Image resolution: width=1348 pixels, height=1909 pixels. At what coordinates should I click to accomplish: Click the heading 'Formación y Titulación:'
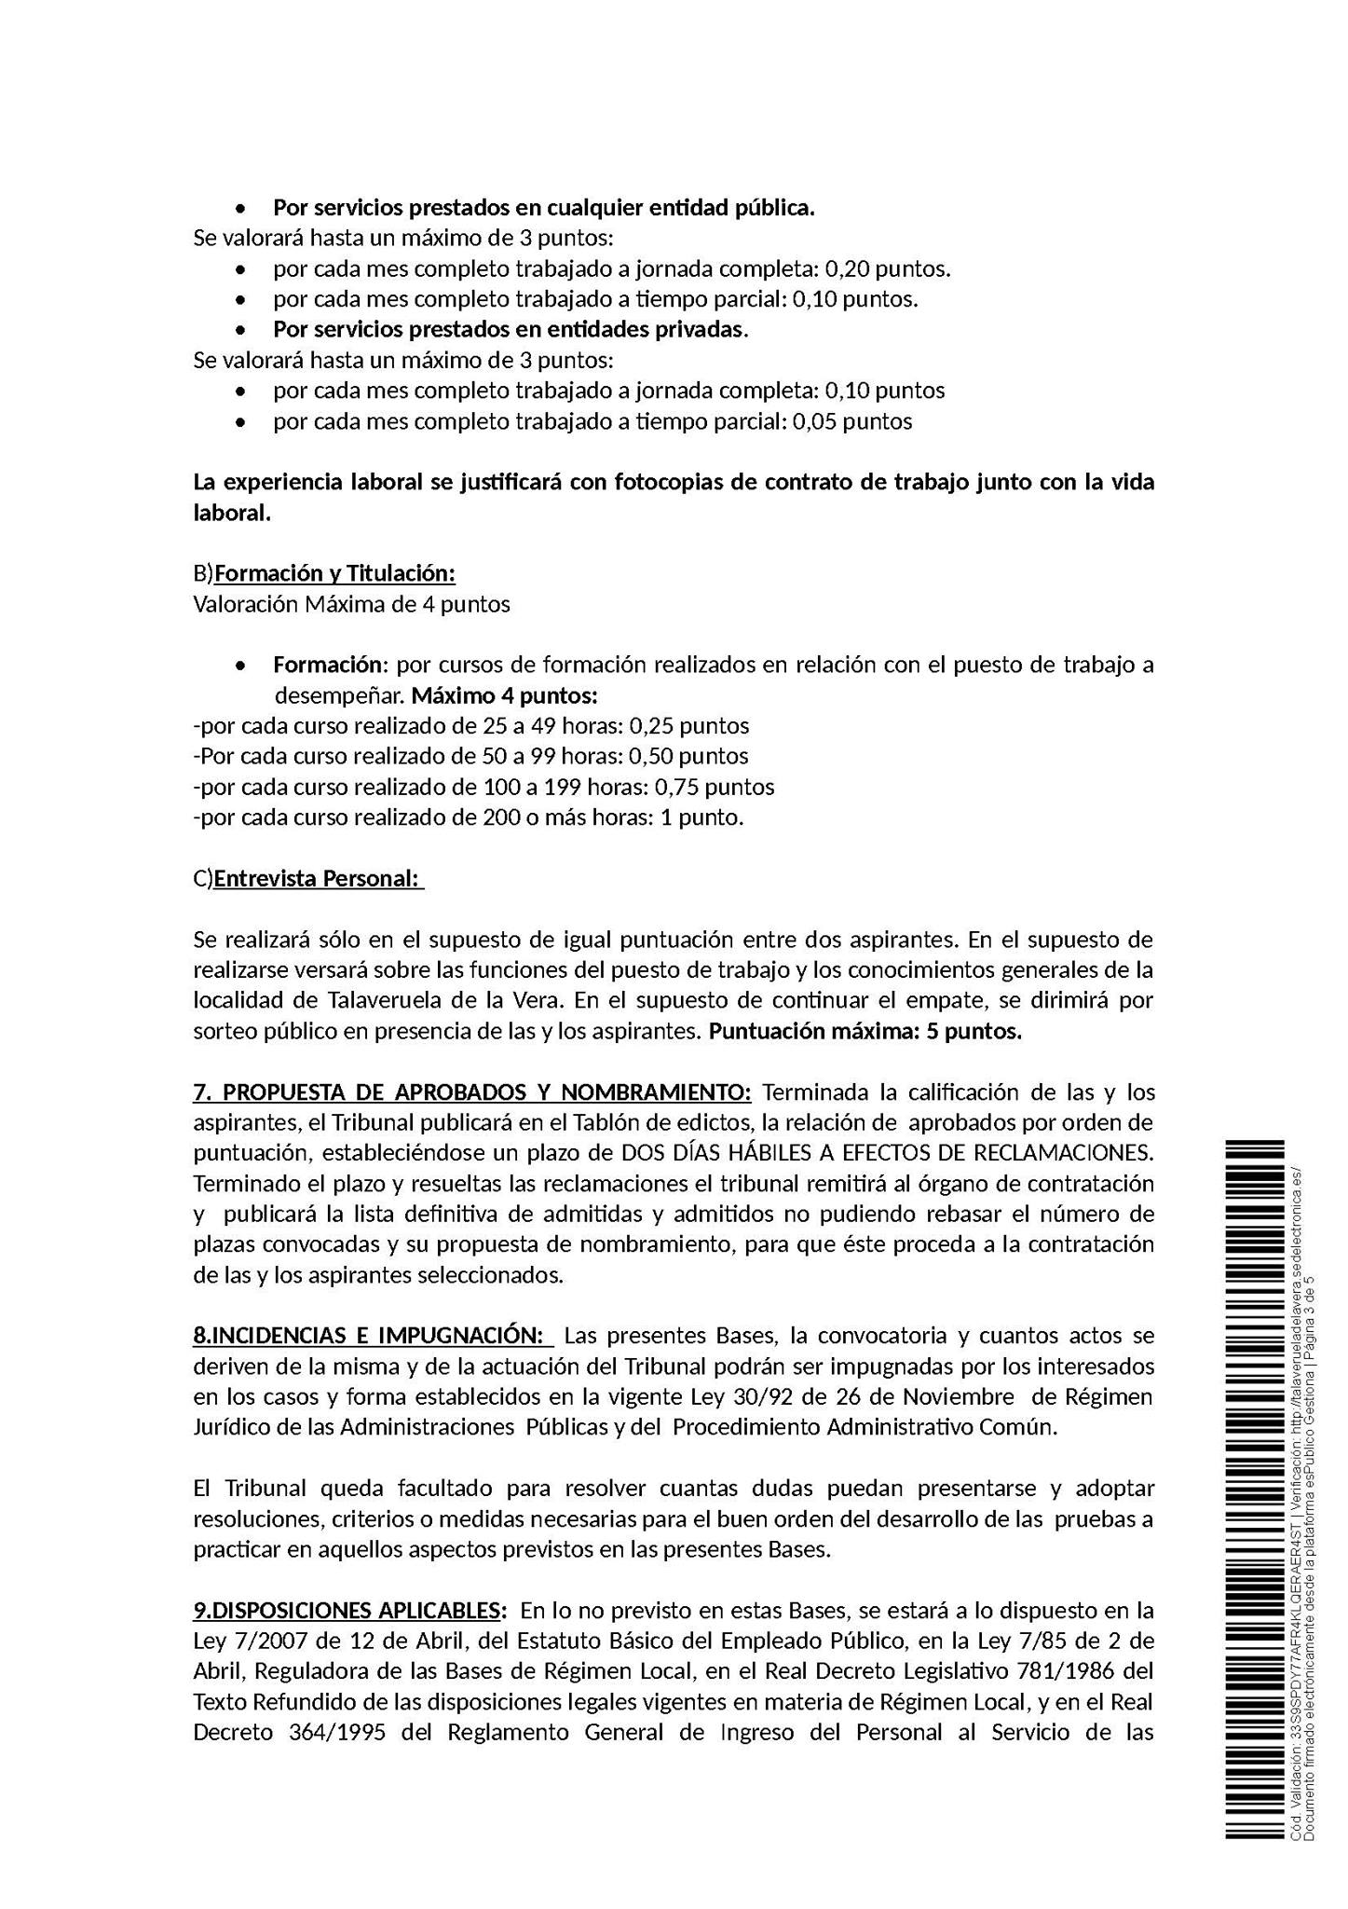(334, 572)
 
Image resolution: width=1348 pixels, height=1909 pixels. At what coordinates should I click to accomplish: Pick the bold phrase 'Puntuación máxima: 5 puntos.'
(865, 1032)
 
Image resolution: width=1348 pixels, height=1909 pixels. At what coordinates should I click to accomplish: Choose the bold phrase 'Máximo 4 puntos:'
(504, 695)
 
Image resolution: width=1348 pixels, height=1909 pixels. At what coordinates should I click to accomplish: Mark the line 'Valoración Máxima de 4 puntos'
(351, 604)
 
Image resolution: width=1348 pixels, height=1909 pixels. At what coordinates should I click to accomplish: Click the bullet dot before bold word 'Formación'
(241, 666)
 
